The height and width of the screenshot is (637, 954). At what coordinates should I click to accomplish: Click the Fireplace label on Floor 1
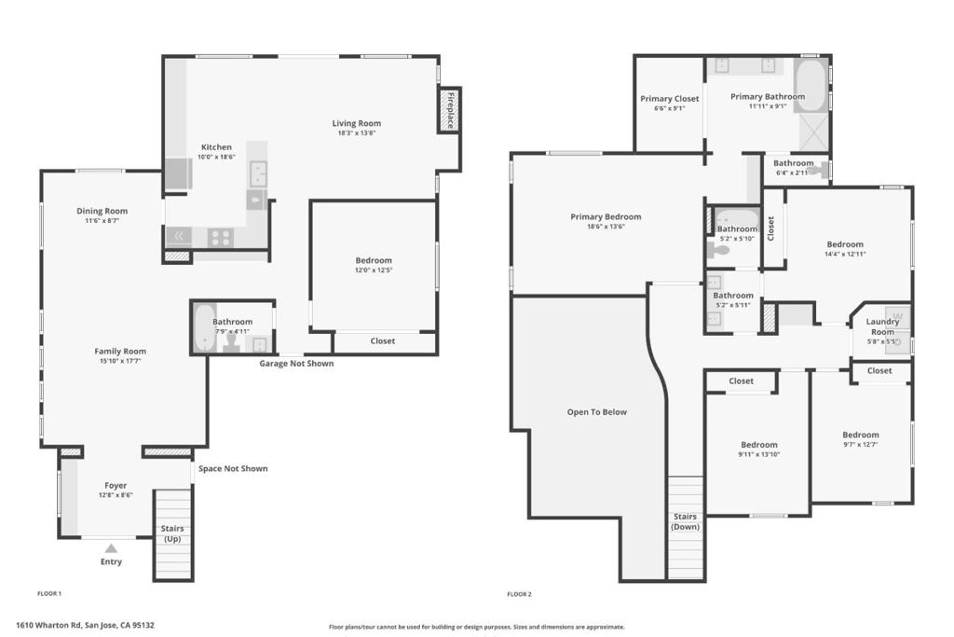tap(451, 110)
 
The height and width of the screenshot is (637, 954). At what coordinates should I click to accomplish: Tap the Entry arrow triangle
tap(111, 548)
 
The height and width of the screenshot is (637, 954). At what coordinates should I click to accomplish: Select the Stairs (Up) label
tap(172, 533)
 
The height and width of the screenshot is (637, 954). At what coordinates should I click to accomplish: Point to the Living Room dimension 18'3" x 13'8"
tap(357, 132)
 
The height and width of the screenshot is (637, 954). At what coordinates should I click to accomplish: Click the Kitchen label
tap(216, 146)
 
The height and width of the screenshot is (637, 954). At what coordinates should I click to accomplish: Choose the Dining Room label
tap(102, 211)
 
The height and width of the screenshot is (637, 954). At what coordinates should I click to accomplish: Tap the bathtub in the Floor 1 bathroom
tap(203, 329)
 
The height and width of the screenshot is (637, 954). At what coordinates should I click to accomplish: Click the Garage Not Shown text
tap(296, 364)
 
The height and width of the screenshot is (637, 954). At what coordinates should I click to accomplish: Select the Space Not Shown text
tap(233, 468)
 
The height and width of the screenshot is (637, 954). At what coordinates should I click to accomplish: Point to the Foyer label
tap(116, 485)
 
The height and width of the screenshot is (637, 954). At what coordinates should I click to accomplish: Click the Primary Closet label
tap(670, 99)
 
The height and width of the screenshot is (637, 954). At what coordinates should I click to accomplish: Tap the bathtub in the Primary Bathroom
tap(810, 85)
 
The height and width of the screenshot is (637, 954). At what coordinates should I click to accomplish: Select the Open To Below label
tap(597, 411)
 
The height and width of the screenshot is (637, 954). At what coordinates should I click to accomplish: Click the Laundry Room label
tap(882, 326)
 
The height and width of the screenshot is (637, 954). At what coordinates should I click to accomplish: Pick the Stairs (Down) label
tap(685, 521)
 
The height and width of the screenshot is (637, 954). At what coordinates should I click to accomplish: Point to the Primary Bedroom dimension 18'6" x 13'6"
tap(606, 227)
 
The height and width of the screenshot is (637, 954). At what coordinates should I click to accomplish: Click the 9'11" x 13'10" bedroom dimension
tap(759, 454)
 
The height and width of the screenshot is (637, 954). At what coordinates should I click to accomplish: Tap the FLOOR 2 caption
tap(520, 594)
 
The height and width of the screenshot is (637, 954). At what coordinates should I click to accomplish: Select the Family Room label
tap(120, 351)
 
